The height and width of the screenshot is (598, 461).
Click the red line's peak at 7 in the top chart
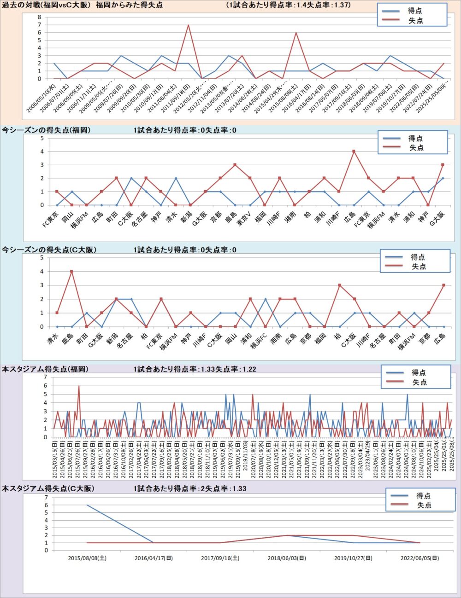tap(188, 25)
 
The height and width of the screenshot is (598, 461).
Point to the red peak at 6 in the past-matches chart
tap(296, 33)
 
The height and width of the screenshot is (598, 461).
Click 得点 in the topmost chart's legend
tap(414, 11)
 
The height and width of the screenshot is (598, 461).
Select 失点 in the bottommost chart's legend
tap(424, 505)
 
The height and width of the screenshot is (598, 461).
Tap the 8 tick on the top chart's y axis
tap(40, 17)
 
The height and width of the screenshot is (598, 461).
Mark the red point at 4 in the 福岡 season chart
tap(354, 151)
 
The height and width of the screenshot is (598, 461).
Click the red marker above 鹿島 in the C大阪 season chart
tap(71, 272)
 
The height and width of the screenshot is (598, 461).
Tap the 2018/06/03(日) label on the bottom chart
tap(287, 558)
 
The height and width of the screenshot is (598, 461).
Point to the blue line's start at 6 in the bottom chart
tap(87, 505)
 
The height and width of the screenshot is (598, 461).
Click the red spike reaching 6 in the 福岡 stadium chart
tap(79, 386)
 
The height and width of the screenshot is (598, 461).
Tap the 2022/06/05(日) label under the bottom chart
tap(420, 558)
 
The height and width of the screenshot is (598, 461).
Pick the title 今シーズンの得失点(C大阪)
tap(49, 250)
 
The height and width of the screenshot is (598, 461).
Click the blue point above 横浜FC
tap(266, 299)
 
